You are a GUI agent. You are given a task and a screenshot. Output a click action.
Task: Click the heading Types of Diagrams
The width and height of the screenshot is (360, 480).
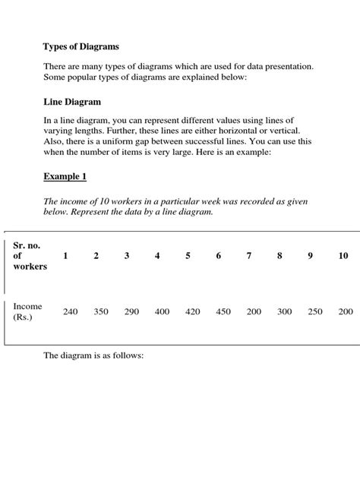[81, 46]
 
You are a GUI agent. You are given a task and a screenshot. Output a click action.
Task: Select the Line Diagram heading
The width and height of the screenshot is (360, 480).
[72, 101]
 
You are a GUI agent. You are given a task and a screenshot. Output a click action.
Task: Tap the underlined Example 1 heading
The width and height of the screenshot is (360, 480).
[65, 176]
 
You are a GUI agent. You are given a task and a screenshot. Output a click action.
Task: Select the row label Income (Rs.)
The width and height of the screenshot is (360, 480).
[27, 311]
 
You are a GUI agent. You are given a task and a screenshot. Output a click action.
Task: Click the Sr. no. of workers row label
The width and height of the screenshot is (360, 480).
[30, 255]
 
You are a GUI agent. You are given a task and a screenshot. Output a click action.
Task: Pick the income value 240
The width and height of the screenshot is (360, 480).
[70, 311]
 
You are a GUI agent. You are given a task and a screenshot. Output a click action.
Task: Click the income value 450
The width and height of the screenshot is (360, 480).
[223, 311]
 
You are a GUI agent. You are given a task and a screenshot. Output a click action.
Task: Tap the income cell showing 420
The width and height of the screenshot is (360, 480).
[192, 311]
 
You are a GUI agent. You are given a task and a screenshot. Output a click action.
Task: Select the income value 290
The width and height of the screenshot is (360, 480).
[131, 311]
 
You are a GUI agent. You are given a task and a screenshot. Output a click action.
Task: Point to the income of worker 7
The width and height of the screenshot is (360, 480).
[254, 311]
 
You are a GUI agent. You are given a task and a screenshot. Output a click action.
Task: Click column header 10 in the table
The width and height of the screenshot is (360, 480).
[344, 256]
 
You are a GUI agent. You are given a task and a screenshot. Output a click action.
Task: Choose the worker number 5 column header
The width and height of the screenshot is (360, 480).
[188, 256]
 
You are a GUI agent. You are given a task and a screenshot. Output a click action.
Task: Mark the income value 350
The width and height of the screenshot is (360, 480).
[100, 311]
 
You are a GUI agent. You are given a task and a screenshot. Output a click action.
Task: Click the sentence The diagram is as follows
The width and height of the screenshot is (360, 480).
[93, 355]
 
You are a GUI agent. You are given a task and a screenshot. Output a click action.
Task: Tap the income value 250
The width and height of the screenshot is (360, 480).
[315, 311]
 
